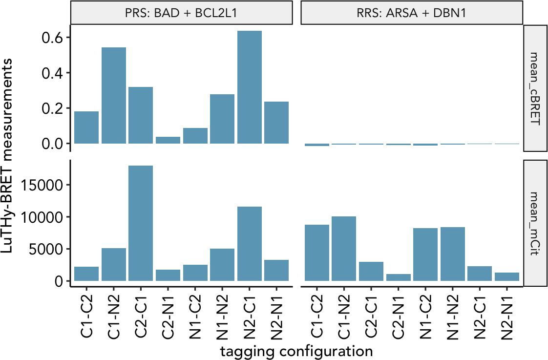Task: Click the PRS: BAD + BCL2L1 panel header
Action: click(182, 13)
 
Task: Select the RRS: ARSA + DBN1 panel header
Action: click(412, 13)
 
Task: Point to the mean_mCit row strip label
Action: click(535, 223)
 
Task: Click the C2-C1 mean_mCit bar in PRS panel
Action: click(141, 223)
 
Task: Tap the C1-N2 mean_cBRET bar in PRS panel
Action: click(114, 96)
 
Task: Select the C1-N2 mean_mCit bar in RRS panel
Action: click(344, 249)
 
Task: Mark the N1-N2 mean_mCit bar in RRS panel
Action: click(452, 254)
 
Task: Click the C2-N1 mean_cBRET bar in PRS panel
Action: click(168, 140)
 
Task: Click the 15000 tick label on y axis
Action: click(42, 185)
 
